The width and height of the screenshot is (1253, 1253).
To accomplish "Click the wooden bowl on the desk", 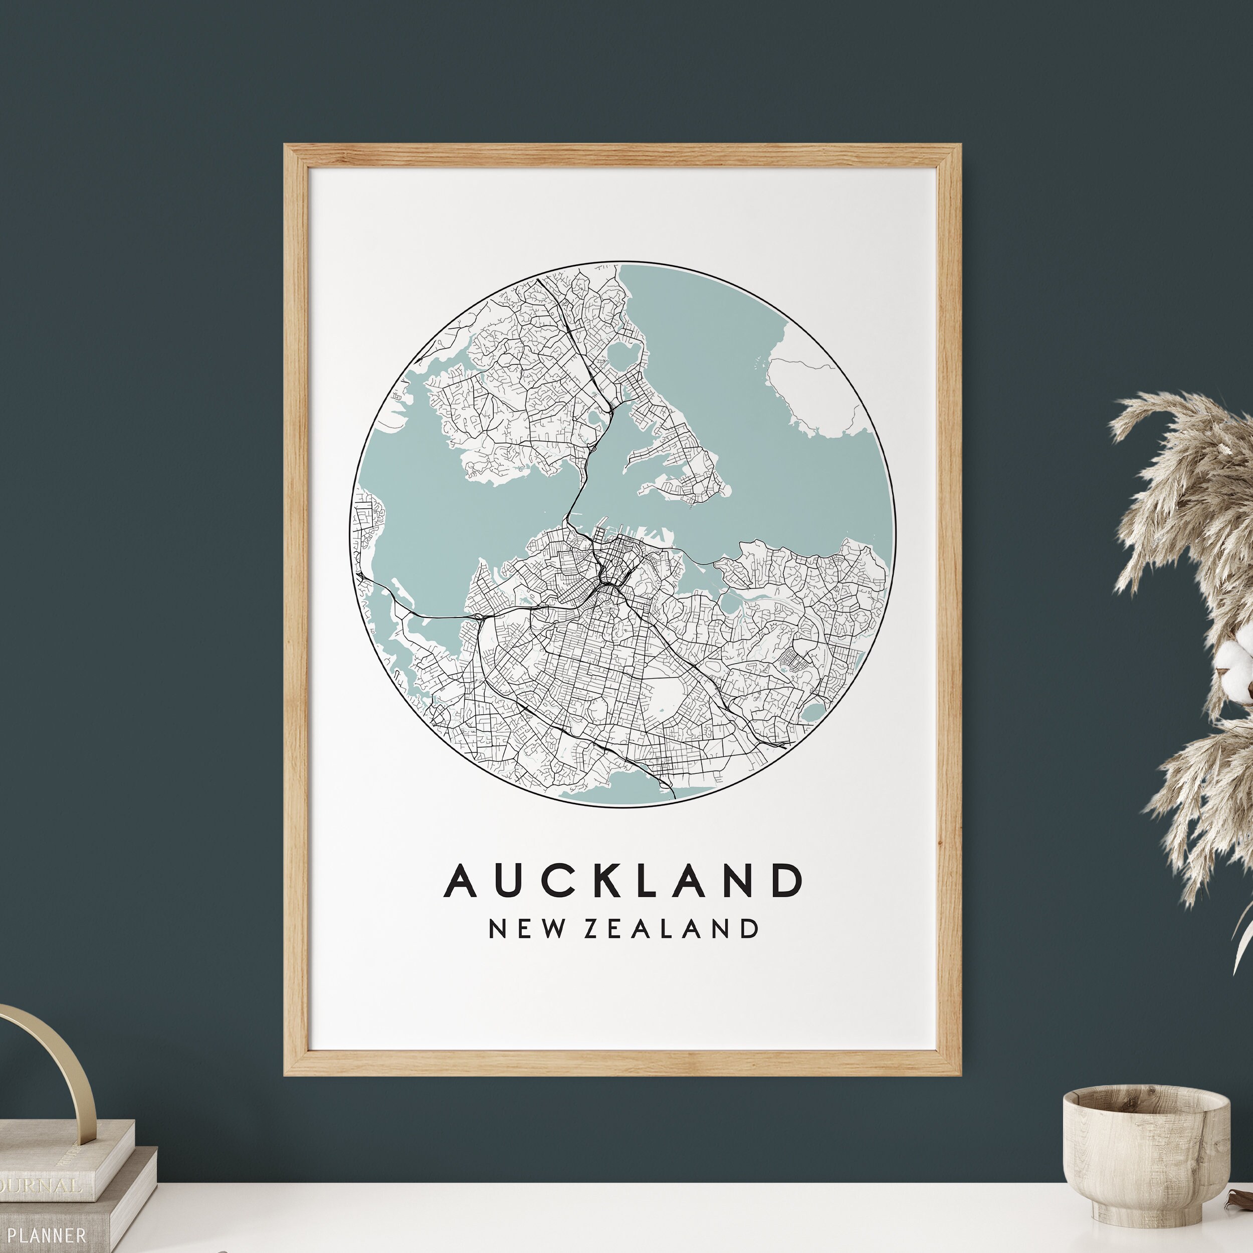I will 1145,1159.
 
